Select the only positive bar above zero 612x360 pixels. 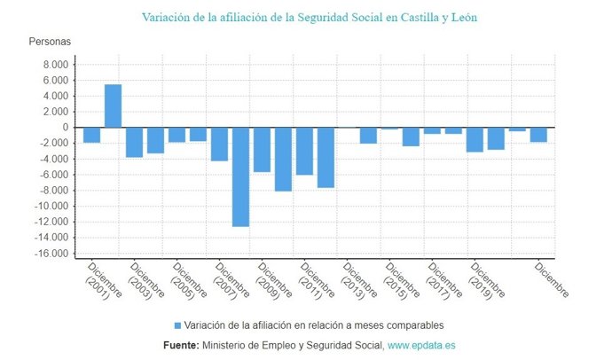pyautogui.click(x=114, y=106)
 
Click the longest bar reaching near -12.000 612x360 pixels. pyautogui.click(x=240, y=176)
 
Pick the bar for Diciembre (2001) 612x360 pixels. pyautogui.click(x=92, y=135)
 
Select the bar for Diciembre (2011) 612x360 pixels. pyautogui.click(x=304, y=151)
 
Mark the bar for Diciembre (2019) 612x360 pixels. pyautogui.click(x=475, y=139)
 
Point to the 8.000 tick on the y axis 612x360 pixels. pyautogui.click(x=55, y=65)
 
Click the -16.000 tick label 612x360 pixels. pyautogui.click(x=51, y=254)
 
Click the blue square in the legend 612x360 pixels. pyautogui.click(x=177, y=325)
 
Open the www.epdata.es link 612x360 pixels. pyautogui.click(x=421, y=345)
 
